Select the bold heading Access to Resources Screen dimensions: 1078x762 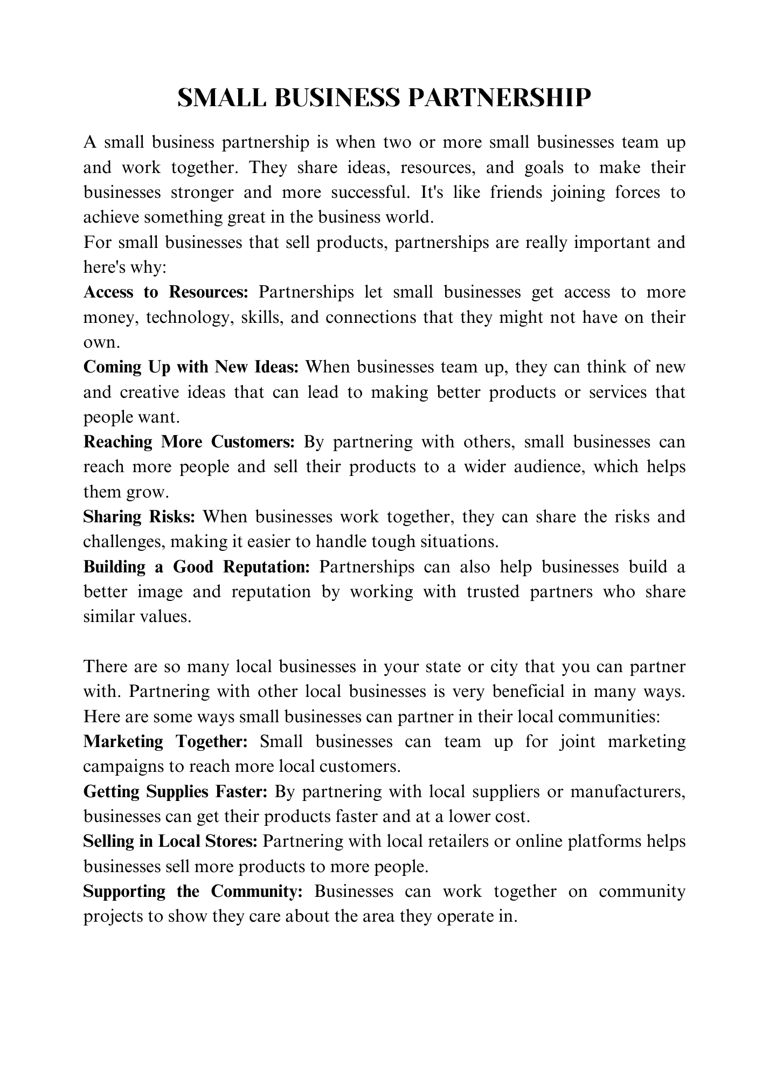pos(165,292)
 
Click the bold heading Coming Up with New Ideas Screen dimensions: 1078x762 pos(191,367)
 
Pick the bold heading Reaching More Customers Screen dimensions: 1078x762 pos(189,442)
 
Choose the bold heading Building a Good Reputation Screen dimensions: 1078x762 pos(197,567)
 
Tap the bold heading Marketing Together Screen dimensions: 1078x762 pos(165,742)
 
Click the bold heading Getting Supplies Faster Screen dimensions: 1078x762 pos(175,792)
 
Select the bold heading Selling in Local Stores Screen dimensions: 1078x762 pos(170,841)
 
